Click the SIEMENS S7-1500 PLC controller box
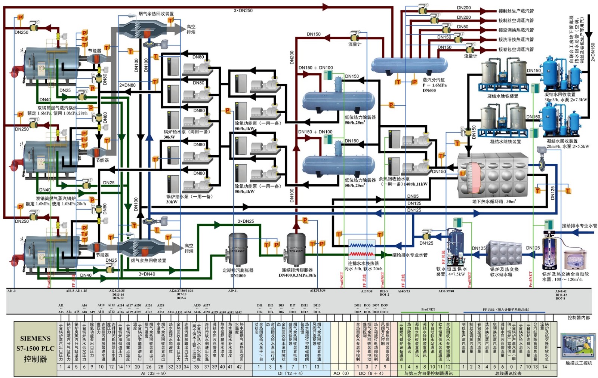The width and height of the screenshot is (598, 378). point(36,348)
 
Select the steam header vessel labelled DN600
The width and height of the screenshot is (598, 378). point(409,65)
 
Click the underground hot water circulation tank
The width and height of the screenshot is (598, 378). point(493,175)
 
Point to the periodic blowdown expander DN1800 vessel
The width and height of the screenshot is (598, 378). point(237,248)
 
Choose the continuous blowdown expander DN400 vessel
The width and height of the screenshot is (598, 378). point(296,248)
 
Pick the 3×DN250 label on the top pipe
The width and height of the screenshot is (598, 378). point(243,10)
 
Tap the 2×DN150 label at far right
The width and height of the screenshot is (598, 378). point(592,52)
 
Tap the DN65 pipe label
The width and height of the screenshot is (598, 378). point(413,196)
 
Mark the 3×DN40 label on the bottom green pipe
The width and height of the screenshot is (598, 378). point(147,274)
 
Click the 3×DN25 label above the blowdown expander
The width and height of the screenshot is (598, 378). point(246,221)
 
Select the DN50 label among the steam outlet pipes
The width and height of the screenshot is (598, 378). point(462,27)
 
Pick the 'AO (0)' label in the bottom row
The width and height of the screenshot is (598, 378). point(341,373)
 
